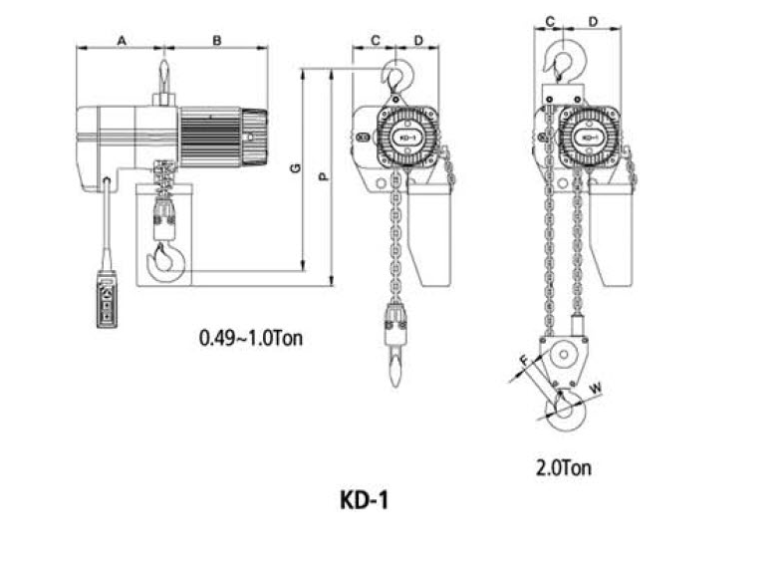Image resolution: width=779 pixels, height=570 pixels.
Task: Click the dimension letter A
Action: (x=122, y=40)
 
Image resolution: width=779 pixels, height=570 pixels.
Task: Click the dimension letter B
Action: (x=217, y=40)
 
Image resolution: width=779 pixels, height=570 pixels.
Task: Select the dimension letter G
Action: (x=295, y=168)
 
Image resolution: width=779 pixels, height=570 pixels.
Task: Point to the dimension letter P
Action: (x=324, y=176)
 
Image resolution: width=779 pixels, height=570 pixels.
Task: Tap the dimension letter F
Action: (x=525, y=361)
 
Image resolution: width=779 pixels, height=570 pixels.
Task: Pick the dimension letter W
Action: (x=596, y=388)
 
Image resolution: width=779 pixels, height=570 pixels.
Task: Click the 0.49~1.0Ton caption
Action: (x=251, y=338)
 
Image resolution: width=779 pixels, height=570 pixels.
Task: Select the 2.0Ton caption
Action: (x=564, y=467)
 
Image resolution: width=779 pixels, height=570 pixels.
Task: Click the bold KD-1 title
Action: (x=365, y=500)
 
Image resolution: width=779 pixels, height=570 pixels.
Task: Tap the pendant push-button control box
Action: (x=107, y=302)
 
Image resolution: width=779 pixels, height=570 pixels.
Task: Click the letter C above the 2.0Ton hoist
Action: (x=550, y=22)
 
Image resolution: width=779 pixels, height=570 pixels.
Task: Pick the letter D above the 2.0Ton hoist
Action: (x=593, y=22)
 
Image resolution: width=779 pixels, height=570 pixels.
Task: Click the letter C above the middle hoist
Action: (x=376, y=40)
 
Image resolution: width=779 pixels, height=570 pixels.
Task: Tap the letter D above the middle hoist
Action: (x=418, y=40)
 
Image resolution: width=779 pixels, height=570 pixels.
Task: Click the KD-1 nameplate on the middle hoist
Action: (x=406, y=138)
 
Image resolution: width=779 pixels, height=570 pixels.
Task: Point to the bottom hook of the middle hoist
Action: (x=394, y=367)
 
